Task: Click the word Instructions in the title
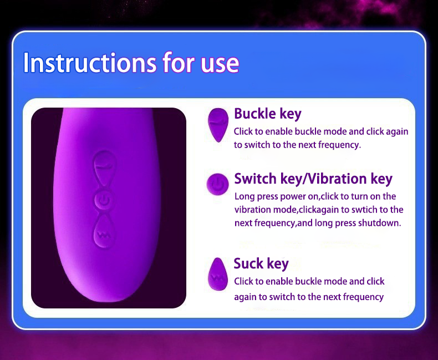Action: pos(90,62)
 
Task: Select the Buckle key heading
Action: pos(268,114)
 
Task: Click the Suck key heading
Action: pos(261,263)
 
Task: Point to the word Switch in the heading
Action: pos(255,179)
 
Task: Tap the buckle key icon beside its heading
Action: pos(218,125)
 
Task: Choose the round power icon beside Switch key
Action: pos(217,184)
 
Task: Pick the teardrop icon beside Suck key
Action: pos(218,274)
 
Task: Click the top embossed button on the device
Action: pos(104,167)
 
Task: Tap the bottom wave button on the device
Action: pos(104,233)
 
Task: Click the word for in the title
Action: pos(179,62)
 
